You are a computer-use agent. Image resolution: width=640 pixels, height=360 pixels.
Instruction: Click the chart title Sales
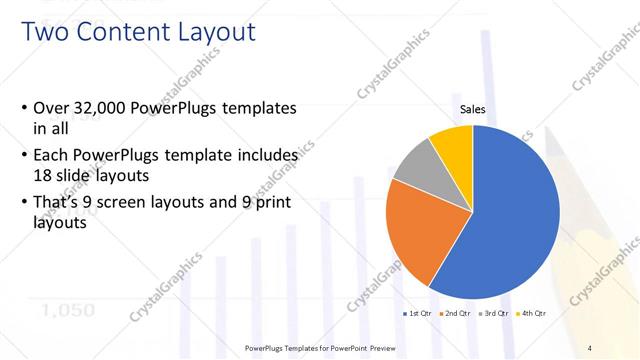(472, 110)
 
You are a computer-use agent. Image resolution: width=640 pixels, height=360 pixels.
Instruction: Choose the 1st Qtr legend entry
(418, 314)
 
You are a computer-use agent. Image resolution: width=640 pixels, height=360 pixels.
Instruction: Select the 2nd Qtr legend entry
(458, 314)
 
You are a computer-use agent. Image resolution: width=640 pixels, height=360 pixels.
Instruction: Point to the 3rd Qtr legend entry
(497, 314)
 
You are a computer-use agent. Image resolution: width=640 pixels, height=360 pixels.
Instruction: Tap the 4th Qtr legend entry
(534, 314)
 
